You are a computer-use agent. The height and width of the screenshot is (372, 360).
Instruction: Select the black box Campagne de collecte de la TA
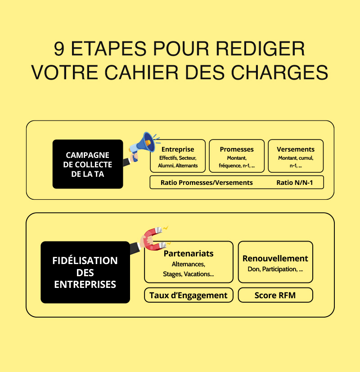[x=88, y=164]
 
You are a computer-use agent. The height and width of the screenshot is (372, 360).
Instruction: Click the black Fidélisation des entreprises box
[x=85, y=272]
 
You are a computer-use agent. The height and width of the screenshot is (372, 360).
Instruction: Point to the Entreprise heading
[x=178, y=149]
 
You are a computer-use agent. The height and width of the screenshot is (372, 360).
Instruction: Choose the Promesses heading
[x=237, y=149]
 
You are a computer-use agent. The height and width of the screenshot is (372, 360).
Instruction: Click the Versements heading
[x=296, y=149]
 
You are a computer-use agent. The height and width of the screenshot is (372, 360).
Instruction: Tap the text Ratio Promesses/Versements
[x=207, y=183]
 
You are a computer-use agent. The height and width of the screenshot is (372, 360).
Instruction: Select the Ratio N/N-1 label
[x=293, y=183]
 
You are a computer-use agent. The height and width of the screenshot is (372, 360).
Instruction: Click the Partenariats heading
[x=189, y=254]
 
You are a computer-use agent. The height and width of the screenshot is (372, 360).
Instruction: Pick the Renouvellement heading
[x=275, y=259]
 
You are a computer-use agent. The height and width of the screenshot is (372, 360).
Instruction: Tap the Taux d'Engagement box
[x=189, y=296]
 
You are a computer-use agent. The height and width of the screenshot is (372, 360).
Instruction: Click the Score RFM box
[x=275, y=296]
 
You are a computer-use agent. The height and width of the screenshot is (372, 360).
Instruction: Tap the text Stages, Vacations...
[x=189, y=274]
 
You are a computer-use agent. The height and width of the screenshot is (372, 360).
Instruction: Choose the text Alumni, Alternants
[x=178, y=166]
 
